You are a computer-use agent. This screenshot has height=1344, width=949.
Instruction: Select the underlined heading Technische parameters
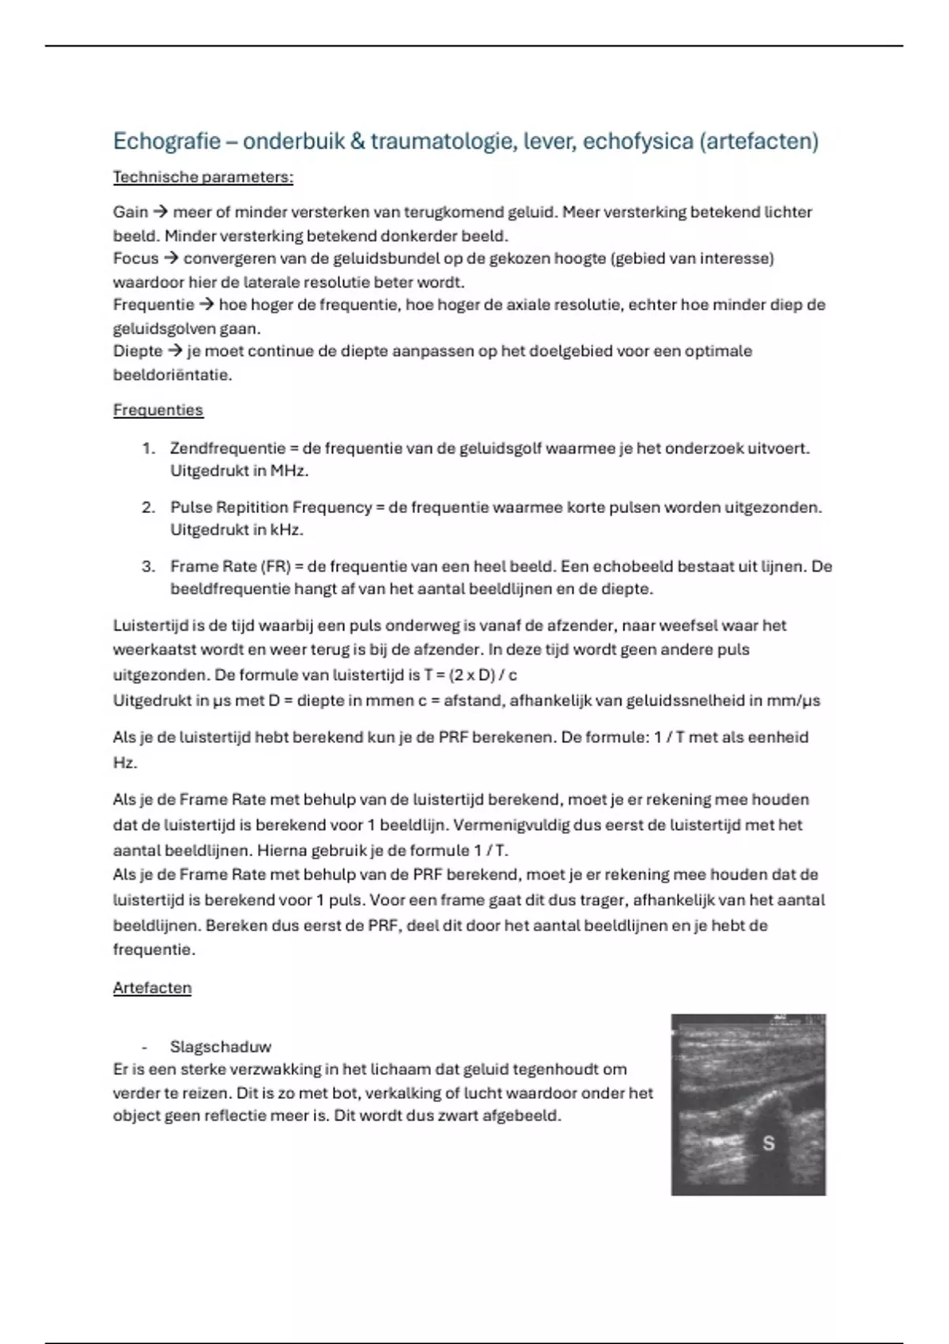click(202, 177)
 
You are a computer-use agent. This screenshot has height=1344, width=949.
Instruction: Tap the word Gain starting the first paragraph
click(130, 212)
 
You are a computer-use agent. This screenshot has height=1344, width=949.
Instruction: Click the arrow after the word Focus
click(171, 259)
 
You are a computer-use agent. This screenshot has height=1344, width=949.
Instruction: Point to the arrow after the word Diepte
click(175, 351)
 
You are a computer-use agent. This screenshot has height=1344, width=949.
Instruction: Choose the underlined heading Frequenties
click(158, 410)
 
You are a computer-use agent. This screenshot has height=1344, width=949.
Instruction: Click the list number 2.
click(148, 508)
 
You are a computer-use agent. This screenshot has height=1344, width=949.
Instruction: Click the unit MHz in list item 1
click(289, 470)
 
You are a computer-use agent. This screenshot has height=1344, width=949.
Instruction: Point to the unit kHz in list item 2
click(286, 530)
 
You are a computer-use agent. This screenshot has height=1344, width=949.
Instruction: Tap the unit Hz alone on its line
click(124, 762)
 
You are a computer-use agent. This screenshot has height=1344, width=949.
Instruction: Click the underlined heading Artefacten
click(152, 987)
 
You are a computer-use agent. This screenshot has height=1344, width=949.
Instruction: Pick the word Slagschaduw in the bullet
click(220, 1047)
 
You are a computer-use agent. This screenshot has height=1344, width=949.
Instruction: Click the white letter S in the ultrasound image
click(767, 1142)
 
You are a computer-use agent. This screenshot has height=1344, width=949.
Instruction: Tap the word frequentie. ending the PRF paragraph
click(153, 949)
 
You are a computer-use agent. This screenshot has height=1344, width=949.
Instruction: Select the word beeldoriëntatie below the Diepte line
click(172, 375)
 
